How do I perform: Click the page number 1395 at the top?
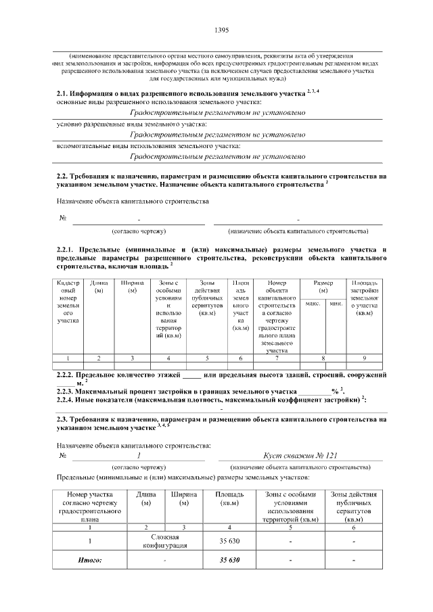221,30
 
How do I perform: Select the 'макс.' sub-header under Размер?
313,304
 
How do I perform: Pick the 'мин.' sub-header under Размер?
336,304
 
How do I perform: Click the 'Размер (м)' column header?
324,287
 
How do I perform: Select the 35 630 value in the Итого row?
230,561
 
